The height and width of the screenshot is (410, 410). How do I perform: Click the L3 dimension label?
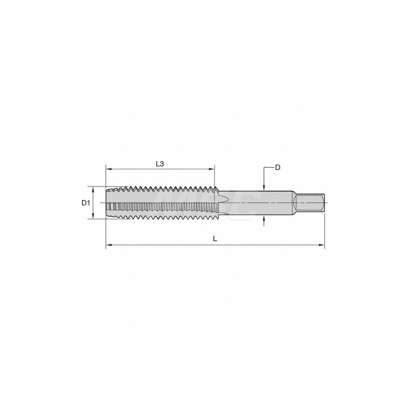tap(160, 164)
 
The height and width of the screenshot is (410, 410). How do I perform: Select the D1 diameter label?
tap(85, 203)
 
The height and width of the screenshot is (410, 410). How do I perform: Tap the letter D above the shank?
tap(278, 167)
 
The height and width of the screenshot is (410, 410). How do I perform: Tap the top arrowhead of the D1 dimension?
tap(94, 189)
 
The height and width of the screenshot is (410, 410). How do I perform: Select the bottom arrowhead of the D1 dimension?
tap(94, 217)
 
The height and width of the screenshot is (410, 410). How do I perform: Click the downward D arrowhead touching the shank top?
tap(264, 188)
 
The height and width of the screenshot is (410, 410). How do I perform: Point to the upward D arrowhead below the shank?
tap(264, 218)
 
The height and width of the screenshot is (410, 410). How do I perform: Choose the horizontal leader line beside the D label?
tap(269, 168)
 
